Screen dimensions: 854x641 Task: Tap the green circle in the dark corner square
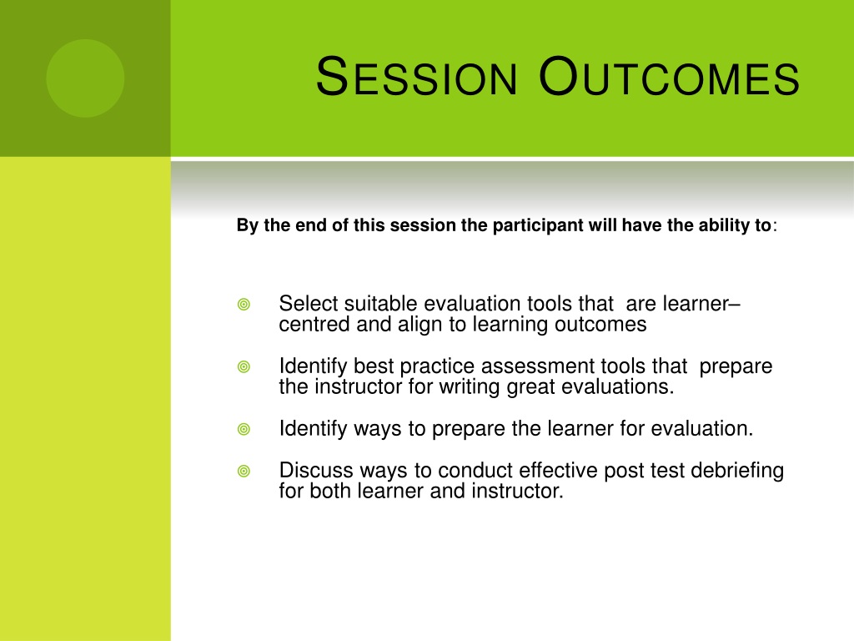pyautogui.click(x=85, y=78)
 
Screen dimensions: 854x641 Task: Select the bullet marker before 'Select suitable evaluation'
pyautogui.click(x=244, y=304)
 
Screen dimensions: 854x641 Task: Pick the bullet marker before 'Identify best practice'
pyautogui.click(x=244, y=367)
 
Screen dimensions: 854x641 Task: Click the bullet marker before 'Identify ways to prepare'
pyautogui.click(x=244, y=430)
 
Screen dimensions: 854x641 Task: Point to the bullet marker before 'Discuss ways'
pyautogui.click(x=244, y=471)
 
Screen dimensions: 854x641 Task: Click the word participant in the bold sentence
pyautogui.click(x=538, y=225)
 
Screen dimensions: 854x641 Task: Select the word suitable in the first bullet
pyautogui.click(x=380, y=304)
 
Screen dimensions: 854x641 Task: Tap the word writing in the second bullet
pyautogui.click(x=470, y=387)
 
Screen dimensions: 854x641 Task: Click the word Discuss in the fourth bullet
pyautogui.click(x=316, y=471)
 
